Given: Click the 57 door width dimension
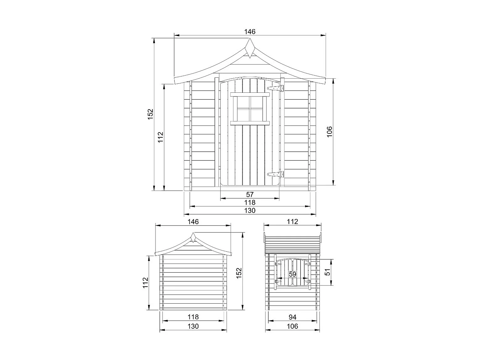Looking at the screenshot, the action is [x=250, y=194].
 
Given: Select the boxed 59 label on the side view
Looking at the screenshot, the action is [x=292, y=274].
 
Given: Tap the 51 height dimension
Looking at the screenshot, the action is [x=328, y=272].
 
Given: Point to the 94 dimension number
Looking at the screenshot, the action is [x=292, y=317].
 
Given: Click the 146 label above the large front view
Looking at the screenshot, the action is [x=250, y=32].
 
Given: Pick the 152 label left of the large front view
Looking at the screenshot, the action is [x=151, y=114].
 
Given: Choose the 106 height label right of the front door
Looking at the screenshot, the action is [x=329, y=132].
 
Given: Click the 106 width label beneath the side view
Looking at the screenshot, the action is [x=292, y=326].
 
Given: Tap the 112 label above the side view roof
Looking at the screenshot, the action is [x=292, y=222].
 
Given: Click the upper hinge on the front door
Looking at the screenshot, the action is [x=276, y=88].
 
